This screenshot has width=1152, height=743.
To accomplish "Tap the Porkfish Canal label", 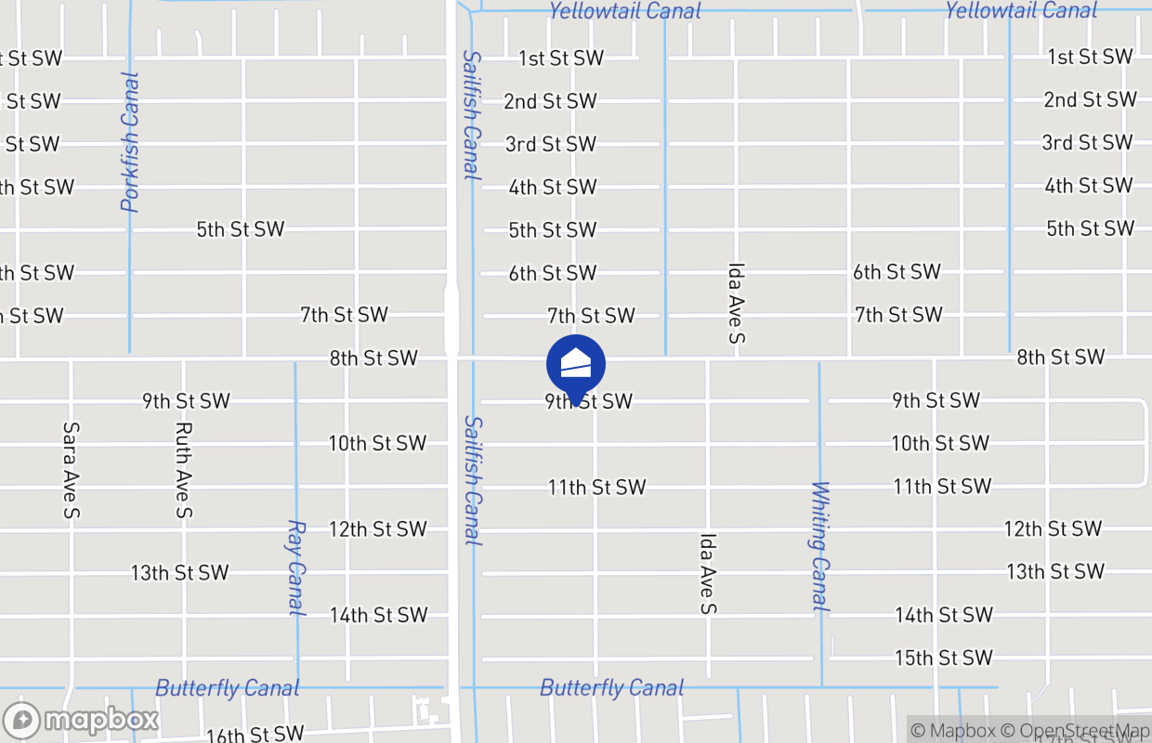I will [130, 142].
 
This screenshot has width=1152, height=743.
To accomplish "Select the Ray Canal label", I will [296, 567].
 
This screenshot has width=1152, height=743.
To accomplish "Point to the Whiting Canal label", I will [818, 545].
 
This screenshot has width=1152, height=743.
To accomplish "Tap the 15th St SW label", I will [943, 658].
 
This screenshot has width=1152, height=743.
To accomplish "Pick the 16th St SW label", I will [255, 734].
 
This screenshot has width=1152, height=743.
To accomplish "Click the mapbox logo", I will [82, 721].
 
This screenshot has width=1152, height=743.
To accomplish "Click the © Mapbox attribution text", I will [953, 731].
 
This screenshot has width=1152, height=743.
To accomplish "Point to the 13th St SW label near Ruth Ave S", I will [179, 572].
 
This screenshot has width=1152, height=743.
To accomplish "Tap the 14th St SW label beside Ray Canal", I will [378, 615].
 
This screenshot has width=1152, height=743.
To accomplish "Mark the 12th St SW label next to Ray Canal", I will [377, 529].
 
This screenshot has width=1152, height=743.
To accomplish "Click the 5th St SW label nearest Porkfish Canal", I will [240, 229].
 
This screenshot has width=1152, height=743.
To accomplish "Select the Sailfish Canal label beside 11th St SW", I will [473, 480].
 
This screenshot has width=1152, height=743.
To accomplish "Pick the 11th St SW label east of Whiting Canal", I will [942, 487].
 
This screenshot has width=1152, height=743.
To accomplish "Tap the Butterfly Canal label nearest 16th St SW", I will [228, 688].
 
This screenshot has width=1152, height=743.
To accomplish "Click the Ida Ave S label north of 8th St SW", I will [736, 303].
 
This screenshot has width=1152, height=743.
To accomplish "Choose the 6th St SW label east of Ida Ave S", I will [897, 272].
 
